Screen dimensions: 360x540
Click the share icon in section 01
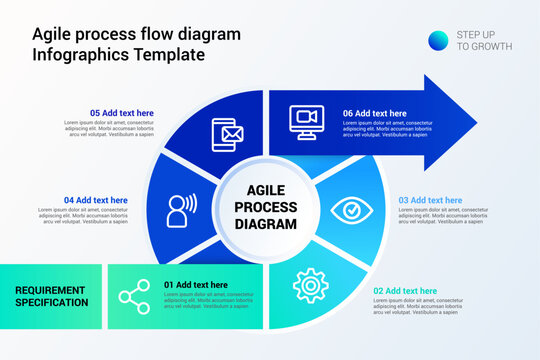(x=134, y=296)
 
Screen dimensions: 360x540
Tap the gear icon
(x=310, y=285)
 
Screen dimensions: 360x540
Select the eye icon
(x=351, y=210)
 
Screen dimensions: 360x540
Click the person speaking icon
(x=181, y=210)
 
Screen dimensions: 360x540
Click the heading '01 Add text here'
(x=196, y=285)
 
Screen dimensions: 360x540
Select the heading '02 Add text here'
(x=405, y=291)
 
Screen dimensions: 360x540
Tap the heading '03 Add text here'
(x=431, y=200)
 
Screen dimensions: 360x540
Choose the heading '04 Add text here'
(x=96, y=200)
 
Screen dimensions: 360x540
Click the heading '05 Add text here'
(x=122, y=113)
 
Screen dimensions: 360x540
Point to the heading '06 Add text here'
(x=374, y=113)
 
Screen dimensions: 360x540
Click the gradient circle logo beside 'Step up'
(x=438, y=40)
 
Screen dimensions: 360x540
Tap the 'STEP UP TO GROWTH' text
(x=484, y=40)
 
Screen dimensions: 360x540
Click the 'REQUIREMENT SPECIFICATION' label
(x=51, y=296)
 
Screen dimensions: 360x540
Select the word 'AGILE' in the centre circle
(x=266, y=190)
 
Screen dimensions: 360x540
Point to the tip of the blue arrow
(x=476, y=122)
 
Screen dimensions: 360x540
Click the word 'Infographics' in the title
(x=80, y=54)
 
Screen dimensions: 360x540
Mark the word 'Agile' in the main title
(x=52, y=34)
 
